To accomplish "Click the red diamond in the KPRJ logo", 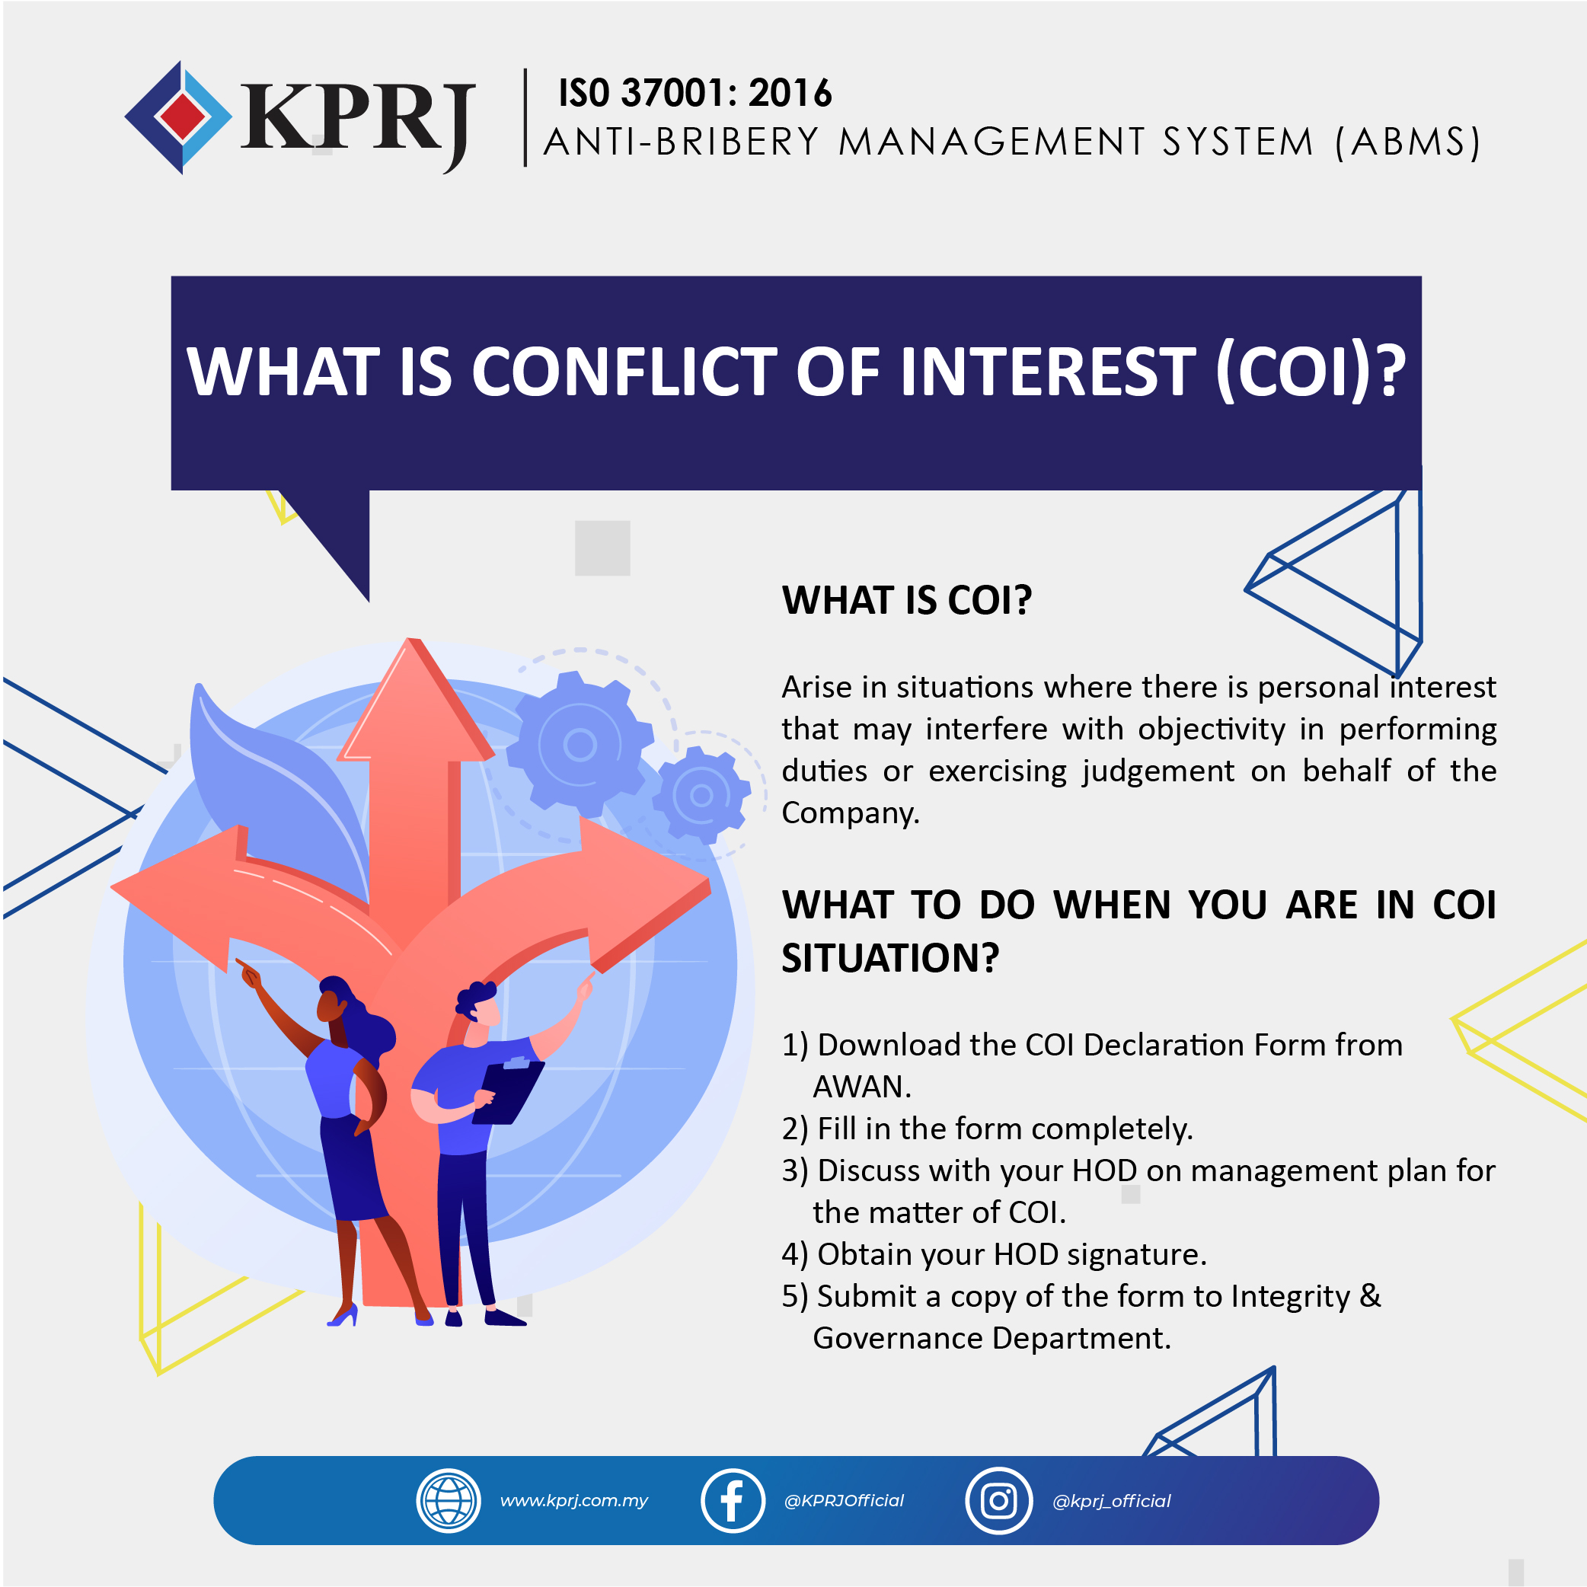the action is (x=182, y=117).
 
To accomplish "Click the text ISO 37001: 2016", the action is (x=695, y=93).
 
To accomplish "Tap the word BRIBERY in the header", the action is (x=737, y=142).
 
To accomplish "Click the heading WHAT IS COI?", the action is (x=906, y=601).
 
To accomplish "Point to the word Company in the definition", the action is (x=848, y=813).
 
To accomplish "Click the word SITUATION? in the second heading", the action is (x=890, y=958).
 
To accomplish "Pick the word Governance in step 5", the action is (x=898, y=1339).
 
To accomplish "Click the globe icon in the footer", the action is (x=449, y=1501).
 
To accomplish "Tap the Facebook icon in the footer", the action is (x=733, y=1501).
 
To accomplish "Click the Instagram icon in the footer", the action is (x=999, y=1501).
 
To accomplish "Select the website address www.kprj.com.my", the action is (x=574, y=1501).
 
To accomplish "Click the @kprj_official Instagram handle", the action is (x=1111, y=1501).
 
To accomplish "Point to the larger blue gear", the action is (x=580, y=745).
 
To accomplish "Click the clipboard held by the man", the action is (x=509, y=1090).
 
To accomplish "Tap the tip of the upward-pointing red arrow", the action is (x=410, y=638).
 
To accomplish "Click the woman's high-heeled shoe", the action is (x=343, y=1317).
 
